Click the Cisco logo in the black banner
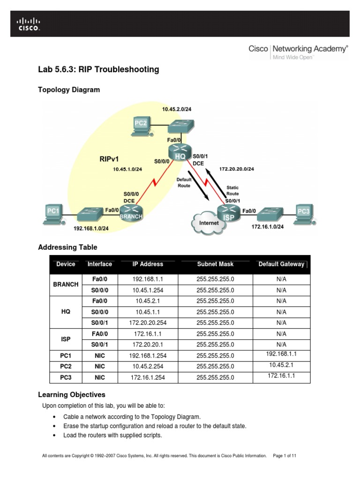(29, 24)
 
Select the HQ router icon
(180, 153)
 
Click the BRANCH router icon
(131, 213)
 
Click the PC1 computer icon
(53, 214)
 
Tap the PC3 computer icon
(303, 214)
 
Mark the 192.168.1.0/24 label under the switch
(91, 228)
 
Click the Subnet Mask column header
(215, 264)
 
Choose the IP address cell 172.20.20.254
(148, 322)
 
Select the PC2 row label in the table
(66, 366)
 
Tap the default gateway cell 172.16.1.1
(281, 376)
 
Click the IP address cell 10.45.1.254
(148, 290)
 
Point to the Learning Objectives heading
(71, 395)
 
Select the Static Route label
(232, 191)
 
